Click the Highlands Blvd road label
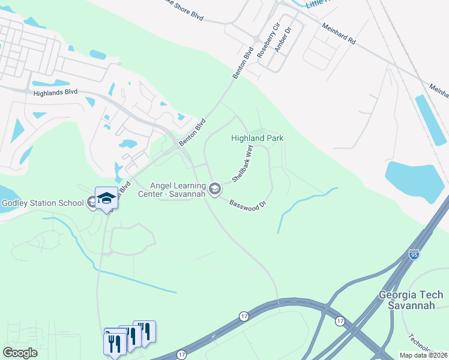[56, 92]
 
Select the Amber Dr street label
[282, 39]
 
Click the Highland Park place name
[258, 138]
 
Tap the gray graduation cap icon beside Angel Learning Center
[215, 190]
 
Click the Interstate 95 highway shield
[414, 254]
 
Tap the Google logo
[20, 353]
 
